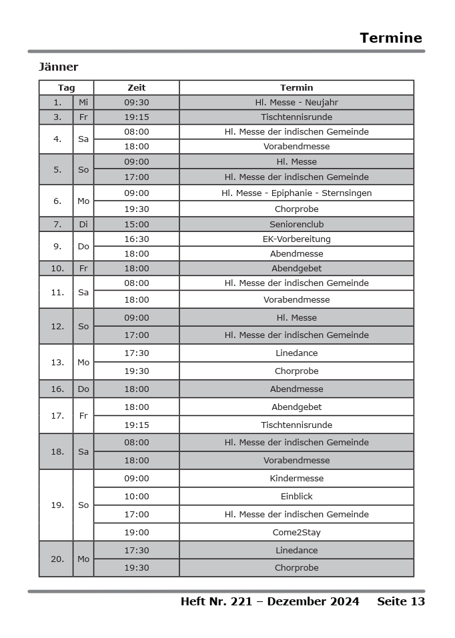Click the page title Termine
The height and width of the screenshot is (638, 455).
pyautogui.click(x=390, y=38)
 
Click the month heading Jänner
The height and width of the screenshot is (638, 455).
pyautogui.click(x=58, y=67)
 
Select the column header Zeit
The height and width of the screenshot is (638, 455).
pyautogui.click(x=136, y=88)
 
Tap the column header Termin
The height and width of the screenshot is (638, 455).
pyautogui.click(x=296, y=88)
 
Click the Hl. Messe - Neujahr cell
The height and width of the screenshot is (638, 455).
pyautogui.click(x=296, y=103)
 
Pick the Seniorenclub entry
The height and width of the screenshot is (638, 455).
pyautogui.click(x=296, y=225)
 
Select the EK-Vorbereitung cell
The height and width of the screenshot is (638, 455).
pyautogui.click(x=296, y=239)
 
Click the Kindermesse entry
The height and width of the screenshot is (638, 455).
pyautogui.click(x=296, y=479)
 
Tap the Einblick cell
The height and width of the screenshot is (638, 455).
pyautogui.click(x=296, y=497)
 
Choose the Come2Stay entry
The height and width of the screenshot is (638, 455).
pyautogui.click(x=296, y=533)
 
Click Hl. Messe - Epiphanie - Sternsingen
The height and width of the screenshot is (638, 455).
pyautogui.click(x=296, y=193)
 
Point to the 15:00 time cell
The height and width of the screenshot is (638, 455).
pyautogui.click(x=136, y=225)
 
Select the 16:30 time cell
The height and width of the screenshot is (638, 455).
pyautogui.click(x=136, y=239)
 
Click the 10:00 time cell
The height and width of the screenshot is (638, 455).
pyautogui.click(x=136, y=497)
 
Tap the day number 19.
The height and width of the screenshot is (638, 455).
pyautogui.click(x=57, y=505)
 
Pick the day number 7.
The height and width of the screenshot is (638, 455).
pyautogui.click(x=57, y=225)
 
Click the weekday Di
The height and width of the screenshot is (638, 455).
pyautogui.click(x=83, y=225)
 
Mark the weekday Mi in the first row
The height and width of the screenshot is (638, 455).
pyautogui.click(x=83, y=103)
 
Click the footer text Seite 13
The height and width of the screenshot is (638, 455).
pyautogui.click(x=400, y=602)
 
